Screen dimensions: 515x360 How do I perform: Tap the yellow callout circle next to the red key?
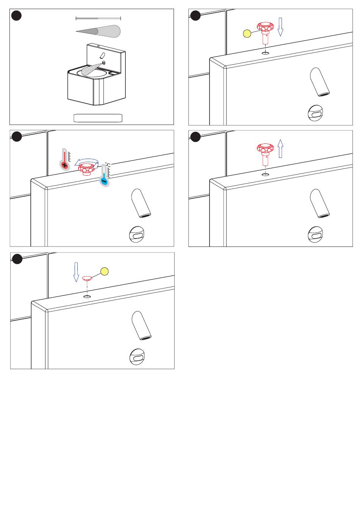point(247,34)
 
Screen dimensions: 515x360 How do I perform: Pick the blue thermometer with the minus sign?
point(105,176)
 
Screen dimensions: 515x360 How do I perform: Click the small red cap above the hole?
point(87,278)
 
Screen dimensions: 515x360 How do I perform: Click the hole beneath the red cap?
point(87,296)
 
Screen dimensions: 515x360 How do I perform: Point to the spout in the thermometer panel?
point(141,203)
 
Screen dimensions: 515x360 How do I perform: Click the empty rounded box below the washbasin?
point(98,118)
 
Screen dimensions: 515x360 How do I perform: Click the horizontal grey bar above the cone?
point(98,18)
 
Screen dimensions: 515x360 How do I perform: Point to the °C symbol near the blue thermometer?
point(108,165)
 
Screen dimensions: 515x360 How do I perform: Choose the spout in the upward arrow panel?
point(320,203)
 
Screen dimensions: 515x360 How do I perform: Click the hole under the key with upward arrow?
point(266,175)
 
